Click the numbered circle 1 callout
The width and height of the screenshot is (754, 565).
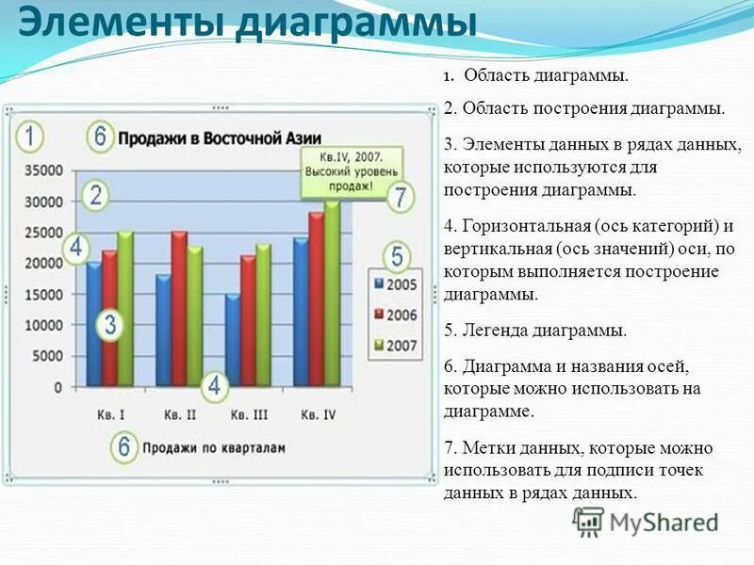[x=30, y=137]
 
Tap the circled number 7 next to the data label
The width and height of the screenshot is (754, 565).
[x=401, y=198]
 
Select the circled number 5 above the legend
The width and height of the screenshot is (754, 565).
[x=397, y=256]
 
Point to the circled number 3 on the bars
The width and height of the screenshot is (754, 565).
[x=110, y=326]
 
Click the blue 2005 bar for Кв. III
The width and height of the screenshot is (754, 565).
[x=232, y=339]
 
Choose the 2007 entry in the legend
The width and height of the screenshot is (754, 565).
[x=397, y=346]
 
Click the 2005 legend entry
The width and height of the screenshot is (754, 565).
[x=397, y=282]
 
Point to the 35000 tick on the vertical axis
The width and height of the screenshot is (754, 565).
[x=43, y=171]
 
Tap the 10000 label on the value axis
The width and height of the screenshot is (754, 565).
[x=43, y=325]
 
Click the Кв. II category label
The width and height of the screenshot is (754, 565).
[x=179, y=414]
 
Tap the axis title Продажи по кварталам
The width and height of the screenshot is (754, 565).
[x=213, y=448]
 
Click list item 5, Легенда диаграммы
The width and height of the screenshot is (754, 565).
[x=534, y=331]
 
